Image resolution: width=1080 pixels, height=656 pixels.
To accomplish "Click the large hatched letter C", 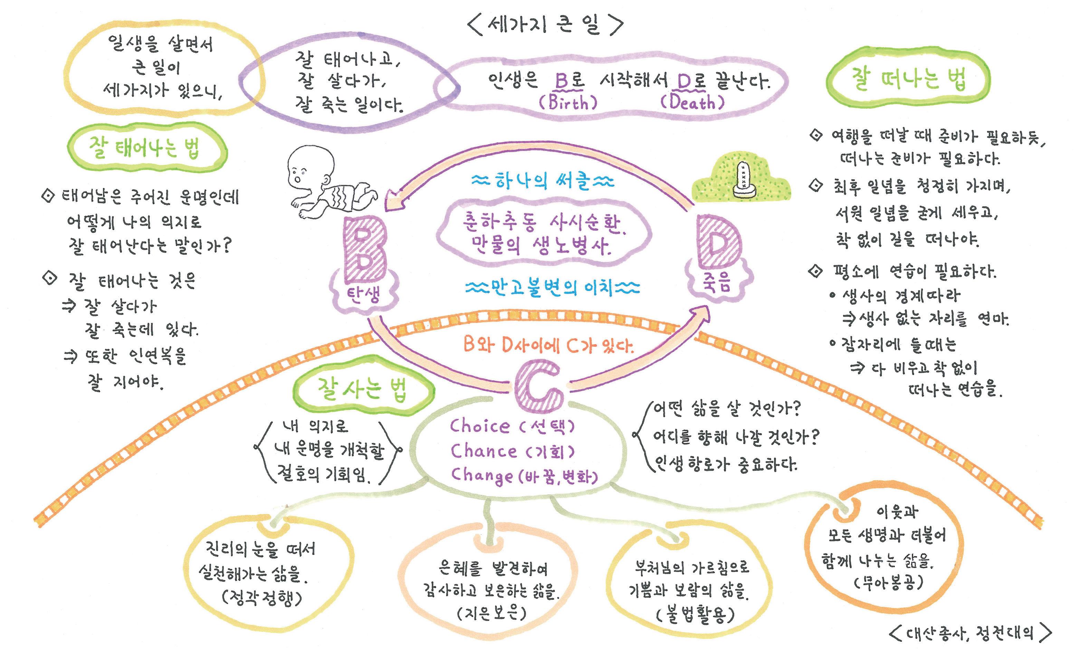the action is tap(538, 386).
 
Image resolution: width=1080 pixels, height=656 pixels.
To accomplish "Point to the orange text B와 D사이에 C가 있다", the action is tap(548, 345).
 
